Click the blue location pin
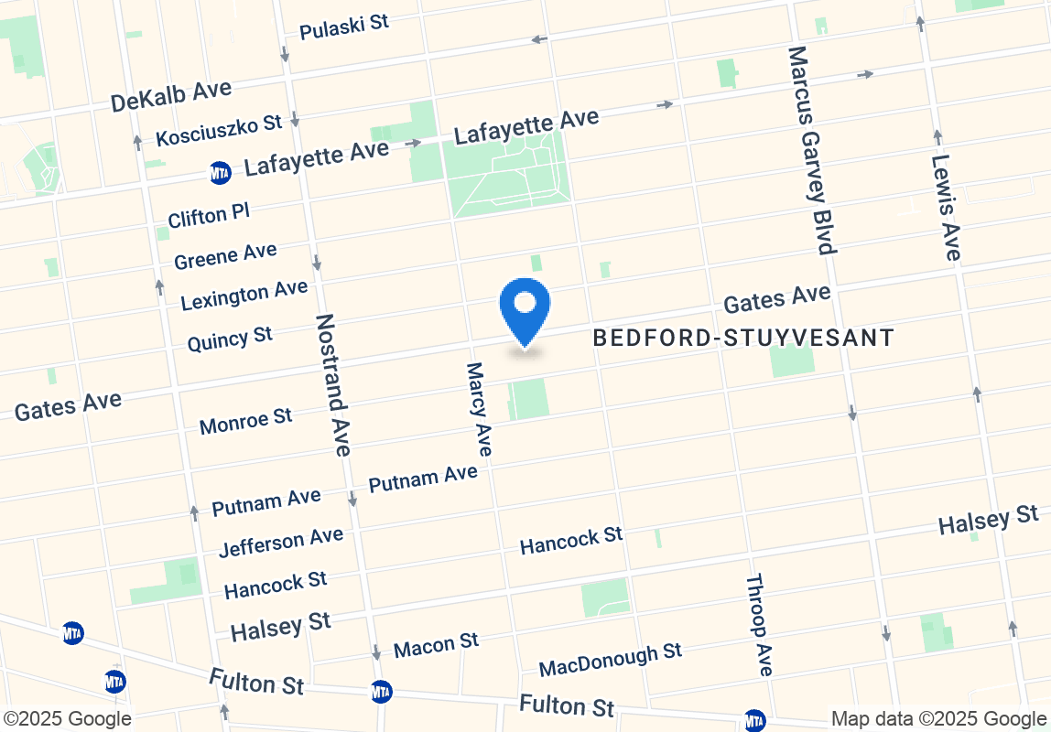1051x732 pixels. (525, 307)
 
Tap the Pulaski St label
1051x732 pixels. (344, 27)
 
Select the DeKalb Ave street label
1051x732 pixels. (170, 95)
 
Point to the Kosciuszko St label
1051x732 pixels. (219, 130)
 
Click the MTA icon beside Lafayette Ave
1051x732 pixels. (220, 172)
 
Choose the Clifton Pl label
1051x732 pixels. (209, 216)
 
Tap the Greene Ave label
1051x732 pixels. (225, 256)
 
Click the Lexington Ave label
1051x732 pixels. (244, 295)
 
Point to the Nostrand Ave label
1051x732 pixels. (332, 384)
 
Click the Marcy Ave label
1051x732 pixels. (479, 409)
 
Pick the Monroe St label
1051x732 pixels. (245, 421)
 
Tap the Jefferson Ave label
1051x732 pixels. (281, 542)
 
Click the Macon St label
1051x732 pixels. (436, 645)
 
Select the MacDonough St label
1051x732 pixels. (610, 660)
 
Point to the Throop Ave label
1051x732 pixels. (759, 625)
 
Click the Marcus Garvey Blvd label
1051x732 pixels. (811, 150)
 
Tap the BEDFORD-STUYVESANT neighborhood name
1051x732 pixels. (742, 339)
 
